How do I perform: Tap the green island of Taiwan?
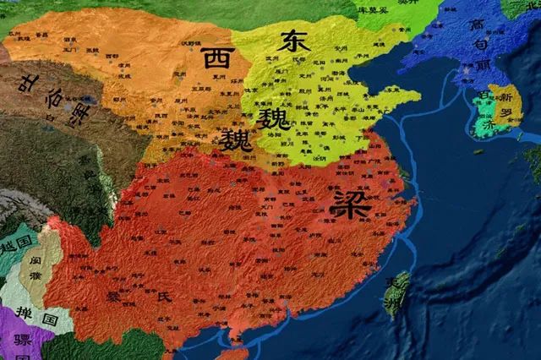[x=396, y=292]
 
